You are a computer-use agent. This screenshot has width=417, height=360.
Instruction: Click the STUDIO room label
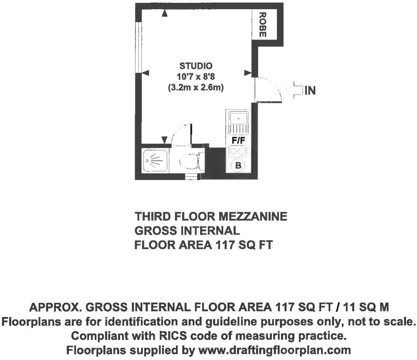point(196,66)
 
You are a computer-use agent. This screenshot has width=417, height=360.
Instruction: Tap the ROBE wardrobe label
point(262,25)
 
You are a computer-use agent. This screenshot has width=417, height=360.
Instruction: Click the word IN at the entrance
point(310,90)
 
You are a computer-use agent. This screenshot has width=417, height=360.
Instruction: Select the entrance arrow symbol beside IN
point(297,90)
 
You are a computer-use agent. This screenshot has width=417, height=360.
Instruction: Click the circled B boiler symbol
point(239,166)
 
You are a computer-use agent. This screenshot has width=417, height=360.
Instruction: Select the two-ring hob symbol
point(238,151)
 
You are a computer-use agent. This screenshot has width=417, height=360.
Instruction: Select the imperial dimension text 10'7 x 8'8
point(196,77)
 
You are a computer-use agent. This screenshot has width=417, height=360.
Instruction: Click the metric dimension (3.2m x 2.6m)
point(196,87)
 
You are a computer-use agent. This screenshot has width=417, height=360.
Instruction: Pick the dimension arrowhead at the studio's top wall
point(165,13)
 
